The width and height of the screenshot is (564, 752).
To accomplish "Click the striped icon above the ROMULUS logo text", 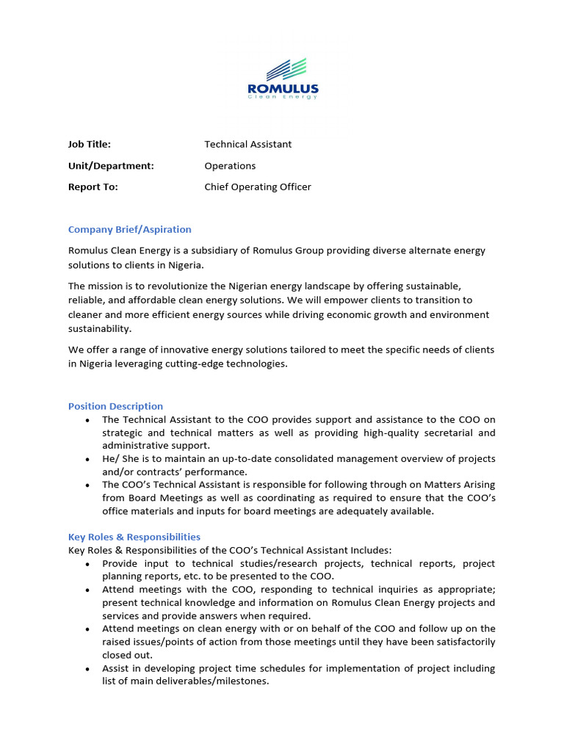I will (285, 70).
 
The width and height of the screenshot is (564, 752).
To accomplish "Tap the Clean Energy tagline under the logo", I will (283, 97).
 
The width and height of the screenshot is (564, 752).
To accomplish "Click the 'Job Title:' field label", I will (90, 144).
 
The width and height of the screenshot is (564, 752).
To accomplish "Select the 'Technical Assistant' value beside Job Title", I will (247, 144).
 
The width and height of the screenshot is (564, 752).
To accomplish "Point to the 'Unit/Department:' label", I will (111, 165).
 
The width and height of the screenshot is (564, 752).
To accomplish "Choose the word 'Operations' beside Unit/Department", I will (230, 165).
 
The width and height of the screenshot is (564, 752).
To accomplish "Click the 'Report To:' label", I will (93, 187).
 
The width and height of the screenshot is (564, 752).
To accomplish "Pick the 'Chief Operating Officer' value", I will (257, 187).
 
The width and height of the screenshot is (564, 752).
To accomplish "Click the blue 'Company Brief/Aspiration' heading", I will (129, 229).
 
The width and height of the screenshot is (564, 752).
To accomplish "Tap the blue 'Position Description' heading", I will (115, 406).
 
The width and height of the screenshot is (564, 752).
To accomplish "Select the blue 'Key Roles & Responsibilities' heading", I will (134, 537).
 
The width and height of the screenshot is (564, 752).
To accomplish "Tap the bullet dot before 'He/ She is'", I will (88, 459).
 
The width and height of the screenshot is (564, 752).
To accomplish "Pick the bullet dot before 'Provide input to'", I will (88, 564).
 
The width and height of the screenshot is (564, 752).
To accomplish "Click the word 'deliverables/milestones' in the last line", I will (199, 681).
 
